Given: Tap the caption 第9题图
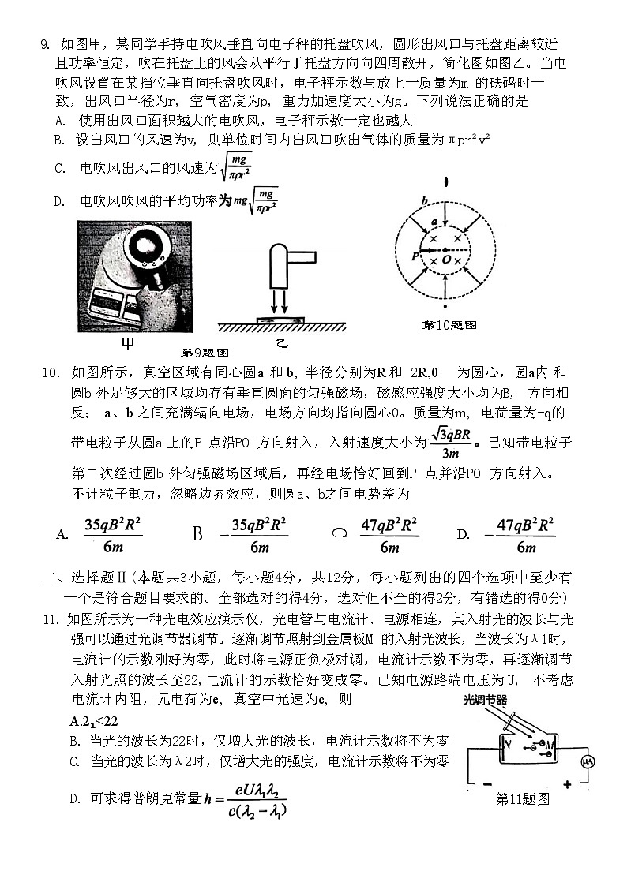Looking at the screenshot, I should tap(205, 352).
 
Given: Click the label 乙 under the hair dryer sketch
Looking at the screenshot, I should tap(281, 343).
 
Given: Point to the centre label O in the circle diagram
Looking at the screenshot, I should tap(447, 258).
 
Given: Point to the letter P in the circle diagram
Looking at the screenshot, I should tap(415, 256).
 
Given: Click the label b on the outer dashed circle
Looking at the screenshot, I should tap(424, 200).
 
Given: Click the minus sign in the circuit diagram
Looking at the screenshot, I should tap(486, 784).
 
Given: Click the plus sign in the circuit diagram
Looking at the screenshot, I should tap(566, 784).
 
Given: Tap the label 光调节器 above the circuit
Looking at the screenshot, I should tap(485, 700).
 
